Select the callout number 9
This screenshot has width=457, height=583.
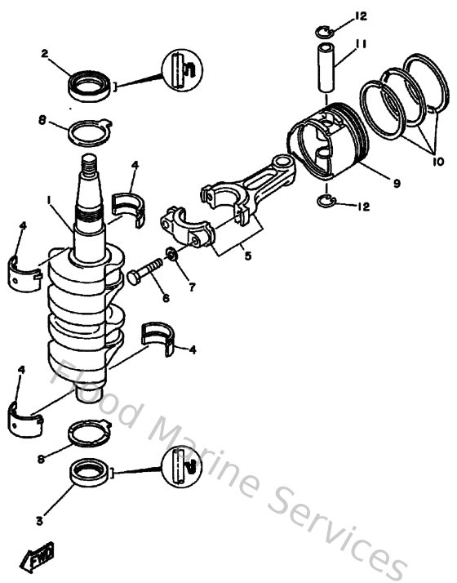pyautogui.click(x=396, y=184)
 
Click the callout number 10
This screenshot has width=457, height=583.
pyautogui.click(x=438, y=162)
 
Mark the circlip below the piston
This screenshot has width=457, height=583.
pyautogui.click(x=325, y=202)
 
